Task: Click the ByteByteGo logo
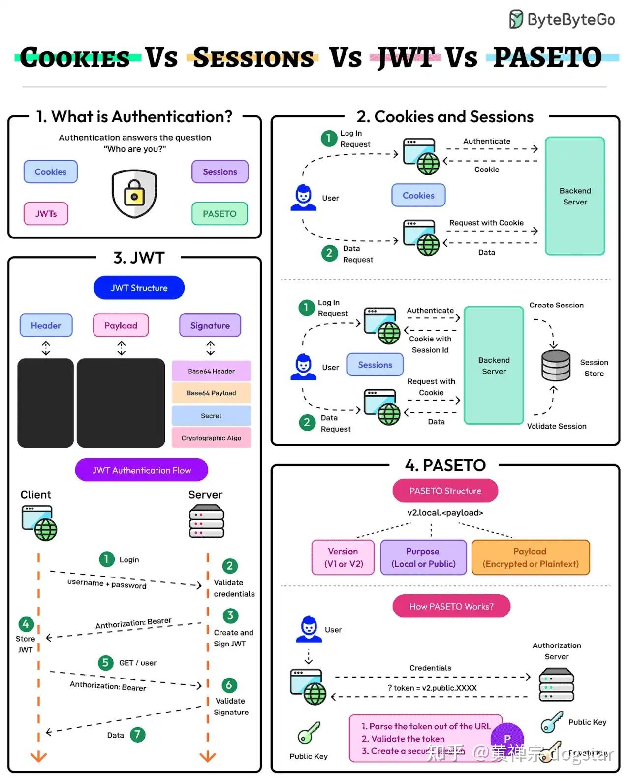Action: tap(562, 20)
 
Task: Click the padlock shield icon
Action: tap(134, 194)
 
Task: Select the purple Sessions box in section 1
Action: tap(220, 172)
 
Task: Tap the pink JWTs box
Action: tap(46, 214)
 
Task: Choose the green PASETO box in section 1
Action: tap(220, 214)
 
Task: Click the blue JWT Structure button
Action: tap(139, 288)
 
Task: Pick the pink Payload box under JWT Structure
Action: tap(121, 325)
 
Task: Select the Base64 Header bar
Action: tap(211, 371)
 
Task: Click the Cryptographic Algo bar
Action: tap(211, 438)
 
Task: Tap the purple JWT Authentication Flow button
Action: tap(141, 470)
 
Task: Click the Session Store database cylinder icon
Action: tap(556, 366)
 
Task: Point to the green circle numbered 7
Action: tap(137, 735)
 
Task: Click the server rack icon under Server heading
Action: tap(206, 521)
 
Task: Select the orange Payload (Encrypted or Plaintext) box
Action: tap(530, 557)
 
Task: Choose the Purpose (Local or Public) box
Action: tap(423, 557)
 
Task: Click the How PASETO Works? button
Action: tap(451, 606)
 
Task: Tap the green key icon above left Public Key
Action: tap(309, 733)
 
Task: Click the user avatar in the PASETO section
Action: tap(309, 629)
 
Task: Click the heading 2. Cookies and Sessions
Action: tap(444, 117)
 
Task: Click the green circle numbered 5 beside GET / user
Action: tap(105, 663)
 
